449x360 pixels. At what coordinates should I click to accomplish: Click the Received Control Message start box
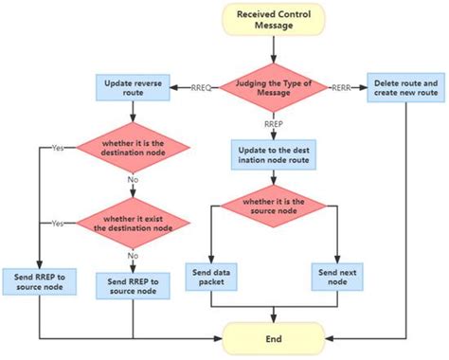273,22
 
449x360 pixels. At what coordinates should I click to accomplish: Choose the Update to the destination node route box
273,154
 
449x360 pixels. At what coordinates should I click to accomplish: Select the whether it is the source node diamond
273,207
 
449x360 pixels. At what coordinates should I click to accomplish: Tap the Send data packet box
230,276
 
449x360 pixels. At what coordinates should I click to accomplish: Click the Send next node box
338,276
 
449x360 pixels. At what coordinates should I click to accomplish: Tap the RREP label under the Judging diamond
273,123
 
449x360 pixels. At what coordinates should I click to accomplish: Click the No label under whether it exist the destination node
133,254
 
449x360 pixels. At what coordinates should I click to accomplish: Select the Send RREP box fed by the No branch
133,284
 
